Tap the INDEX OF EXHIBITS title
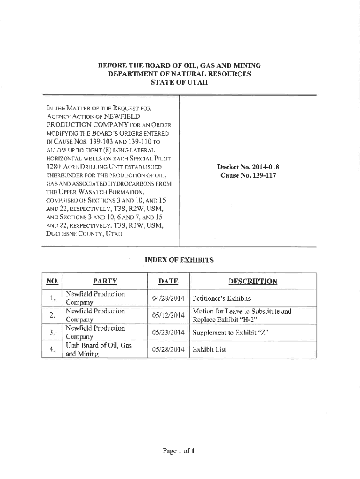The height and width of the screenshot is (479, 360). (180, 260)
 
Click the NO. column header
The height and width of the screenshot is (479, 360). (52, 281)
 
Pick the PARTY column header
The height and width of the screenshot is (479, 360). (105, 281)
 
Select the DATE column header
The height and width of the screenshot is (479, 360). (168, 281)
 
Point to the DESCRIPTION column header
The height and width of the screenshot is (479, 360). (252, 281)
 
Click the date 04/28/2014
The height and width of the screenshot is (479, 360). (168, 298)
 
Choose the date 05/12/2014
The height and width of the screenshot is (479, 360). (168, 315)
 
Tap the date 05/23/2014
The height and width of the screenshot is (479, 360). (168, 333)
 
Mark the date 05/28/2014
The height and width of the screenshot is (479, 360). (168, 350)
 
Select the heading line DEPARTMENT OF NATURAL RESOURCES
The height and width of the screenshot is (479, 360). (180, 74)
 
